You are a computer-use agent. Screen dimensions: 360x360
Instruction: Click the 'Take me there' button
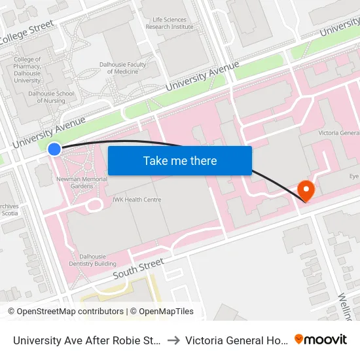pyautogui.click(x=180, y=161)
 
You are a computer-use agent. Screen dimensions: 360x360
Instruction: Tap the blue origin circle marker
pyautogui.click(x=54, y=149)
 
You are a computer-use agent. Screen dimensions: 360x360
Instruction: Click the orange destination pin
pyautogui.click(x=306, y=190)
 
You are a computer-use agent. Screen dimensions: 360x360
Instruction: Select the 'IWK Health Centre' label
pyautogui.click(x=137, y=200)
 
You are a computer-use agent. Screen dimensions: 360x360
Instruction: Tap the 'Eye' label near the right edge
pyautogui.click(x=353, y=177)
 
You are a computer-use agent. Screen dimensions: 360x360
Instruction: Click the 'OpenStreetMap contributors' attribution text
pyautogui.click(x=67, y=312)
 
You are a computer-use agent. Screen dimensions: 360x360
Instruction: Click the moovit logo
pyautogui.click(x=321, y=339)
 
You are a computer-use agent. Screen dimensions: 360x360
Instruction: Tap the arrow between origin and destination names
pyautogui.click(x=174, y=340)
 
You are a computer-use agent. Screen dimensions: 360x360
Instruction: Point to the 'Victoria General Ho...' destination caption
pyautogui.click(x=236, y=340)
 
